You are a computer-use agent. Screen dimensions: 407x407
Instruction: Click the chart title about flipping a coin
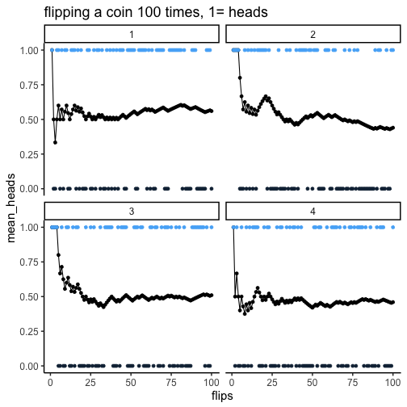click(156, 12)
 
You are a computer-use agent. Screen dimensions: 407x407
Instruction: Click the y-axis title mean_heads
click(10, 208)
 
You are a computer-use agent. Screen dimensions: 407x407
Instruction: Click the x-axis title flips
click(222, 396)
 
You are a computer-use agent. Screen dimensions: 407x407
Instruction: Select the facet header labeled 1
click(132, 34)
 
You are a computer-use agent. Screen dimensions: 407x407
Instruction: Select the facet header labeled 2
click(313, 34)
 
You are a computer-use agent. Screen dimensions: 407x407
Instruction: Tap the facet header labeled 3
click(132, 211)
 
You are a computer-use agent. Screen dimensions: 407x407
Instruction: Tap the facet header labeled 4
click(313, 211)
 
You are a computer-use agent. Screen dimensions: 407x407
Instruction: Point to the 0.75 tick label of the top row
click(29, 85)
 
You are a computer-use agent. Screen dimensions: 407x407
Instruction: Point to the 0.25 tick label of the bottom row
click(29, 331)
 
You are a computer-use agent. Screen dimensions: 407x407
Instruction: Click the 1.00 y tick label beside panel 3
click(29, 228)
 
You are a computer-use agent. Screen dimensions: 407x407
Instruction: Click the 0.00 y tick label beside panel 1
click(29, 189)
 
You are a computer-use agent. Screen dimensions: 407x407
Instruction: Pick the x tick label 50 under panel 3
click(131, 382)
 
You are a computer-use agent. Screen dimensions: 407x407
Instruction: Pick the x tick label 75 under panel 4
click(353, 382)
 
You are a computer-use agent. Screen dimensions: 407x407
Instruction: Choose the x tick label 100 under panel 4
click(392, 382)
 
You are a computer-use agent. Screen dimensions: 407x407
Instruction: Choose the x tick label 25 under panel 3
click(90, 382)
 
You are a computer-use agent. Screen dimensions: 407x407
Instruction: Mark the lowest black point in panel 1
click(55, 142)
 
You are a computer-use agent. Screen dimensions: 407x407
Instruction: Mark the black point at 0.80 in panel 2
click(240, 78)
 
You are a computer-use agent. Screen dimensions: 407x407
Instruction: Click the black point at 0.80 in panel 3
click(58, 255)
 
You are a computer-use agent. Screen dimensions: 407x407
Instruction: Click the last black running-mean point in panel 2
click(393, 128)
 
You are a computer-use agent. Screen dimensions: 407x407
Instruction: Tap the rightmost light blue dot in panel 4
click(393, 228)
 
